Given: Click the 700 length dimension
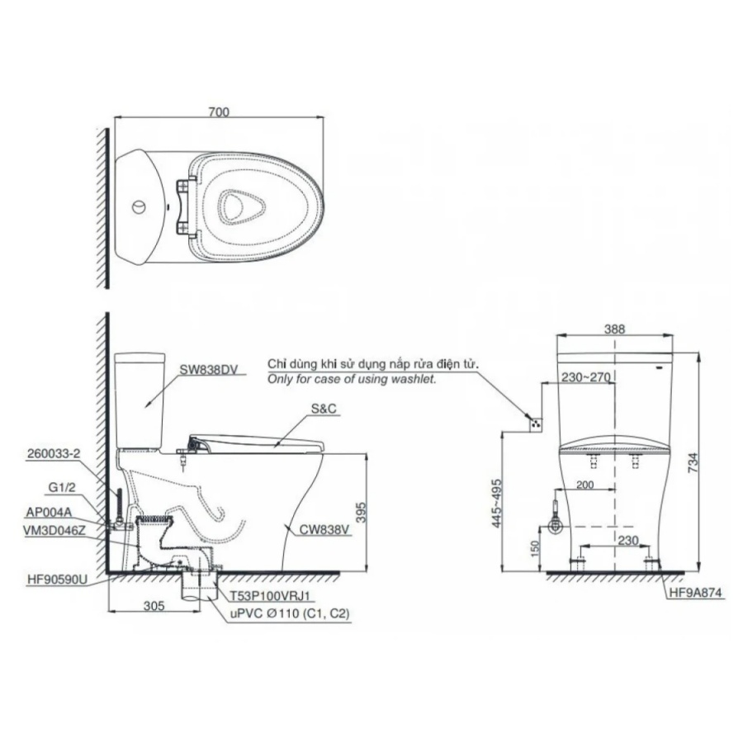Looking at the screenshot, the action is tap(219, 111).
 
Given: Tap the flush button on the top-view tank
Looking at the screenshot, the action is tap(139, 206).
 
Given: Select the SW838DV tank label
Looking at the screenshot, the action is tap(207, 370).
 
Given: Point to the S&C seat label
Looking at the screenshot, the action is tap(324, 409).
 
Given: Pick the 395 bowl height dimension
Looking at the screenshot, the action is tap(361, 512).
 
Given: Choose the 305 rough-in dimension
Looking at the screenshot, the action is tap(154, 606).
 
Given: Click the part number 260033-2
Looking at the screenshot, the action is tap(54, 454).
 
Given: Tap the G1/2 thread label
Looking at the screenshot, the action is tap(62, 488).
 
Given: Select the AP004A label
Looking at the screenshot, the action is tap(49, 512).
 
